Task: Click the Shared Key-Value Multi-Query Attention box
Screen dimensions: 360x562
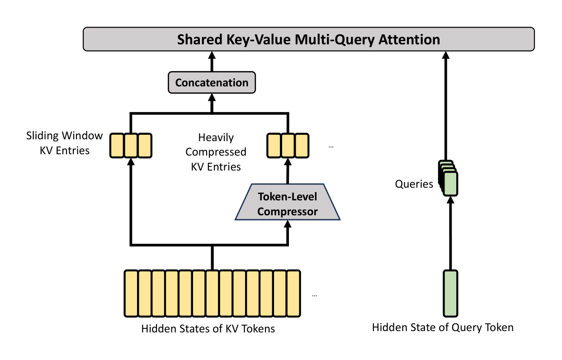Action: click(x=309, y=39)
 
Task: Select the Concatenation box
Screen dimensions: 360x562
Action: click(x=212, y=83)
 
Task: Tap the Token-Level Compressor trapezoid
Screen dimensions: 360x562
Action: click(x=288, y=204)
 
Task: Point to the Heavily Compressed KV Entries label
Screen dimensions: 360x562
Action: click(x=216, y=152)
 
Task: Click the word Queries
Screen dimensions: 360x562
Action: click(x=414, y=184)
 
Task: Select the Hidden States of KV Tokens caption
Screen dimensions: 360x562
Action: click(x=208, y=329)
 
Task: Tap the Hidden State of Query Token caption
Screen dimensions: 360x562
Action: click(x=443, y=327)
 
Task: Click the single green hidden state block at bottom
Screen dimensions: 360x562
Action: click(x=450, y=293)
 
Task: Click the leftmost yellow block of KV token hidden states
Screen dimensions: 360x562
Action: click(x=131, y=293)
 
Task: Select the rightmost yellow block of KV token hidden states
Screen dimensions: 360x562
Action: click(x=293, y=293)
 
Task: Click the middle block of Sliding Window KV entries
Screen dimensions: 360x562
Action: click(x=131, y=145)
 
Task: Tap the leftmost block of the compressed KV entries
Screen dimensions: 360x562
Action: click(x=274, y=145)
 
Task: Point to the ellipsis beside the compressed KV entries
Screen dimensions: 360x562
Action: click(x=331, y=147)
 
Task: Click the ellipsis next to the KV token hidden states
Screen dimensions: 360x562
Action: click(x=315, y=295)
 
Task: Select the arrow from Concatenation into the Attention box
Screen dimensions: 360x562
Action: click(x=211, y=62)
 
